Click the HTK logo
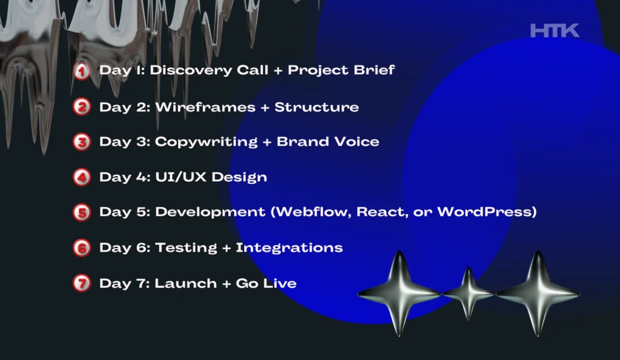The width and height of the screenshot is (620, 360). click(x=555, y=30)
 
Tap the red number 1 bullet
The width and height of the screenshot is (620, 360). click(x=82, y=71)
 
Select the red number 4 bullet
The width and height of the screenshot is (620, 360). click(x=82, y=177)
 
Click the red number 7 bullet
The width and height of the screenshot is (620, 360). click(x=82, y=283)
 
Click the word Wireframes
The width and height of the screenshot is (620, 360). click(x=205, y=107)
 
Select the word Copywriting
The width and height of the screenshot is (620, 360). click(x=206, y=142)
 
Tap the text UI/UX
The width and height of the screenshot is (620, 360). click(x=180, y=177)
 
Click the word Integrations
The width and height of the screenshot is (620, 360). click(x=289, y=248)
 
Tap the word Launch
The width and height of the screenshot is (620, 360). click(x=185, y=283)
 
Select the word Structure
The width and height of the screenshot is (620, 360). click(x=317, y=107)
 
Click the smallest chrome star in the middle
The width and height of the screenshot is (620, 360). click(x=469, y=293)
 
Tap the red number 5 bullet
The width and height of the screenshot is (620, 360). click(x=82, y=212)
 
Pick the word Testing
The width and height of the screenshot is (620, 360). click(x=186, y=248)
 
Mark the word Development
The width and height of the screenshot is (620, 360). click(x=210, y=212)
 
